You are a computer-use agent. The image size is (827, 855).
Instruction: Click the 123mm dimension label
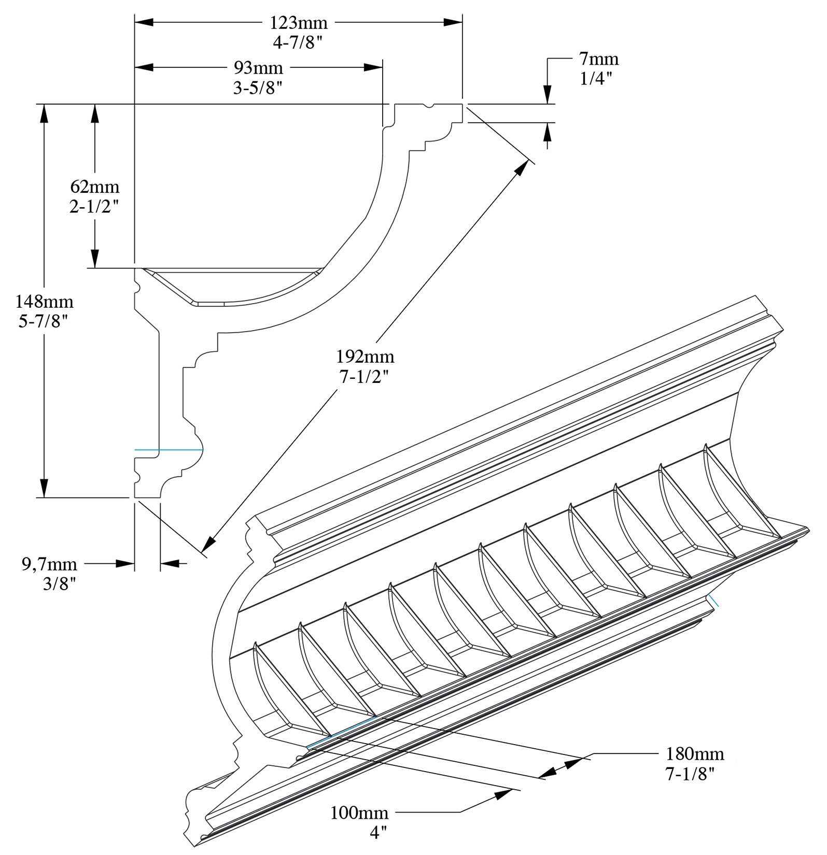(x=298, y=23)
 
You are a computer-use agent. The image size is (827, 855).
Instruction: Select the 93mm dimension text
(x=258, y=68)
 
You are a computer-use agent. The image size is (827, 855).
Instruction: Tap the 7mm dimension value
(x=598, y=59)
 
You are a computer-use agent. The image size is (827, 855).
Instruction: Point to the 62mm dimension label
(x=95, y=186)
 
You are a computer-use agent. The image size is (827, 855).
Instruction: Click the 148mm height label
(x=44, y=301)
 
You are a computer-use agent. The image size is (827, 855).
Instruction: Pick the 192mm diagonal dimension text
(x=365, y=357)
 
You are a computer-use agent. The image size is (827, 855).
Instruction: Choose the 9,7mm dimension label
(x=49, y=564)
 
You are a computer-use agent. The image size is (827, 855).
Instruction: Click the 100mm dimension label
(x=359, y=813)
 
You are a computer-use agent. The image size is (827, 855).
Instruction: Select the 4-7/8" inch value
(x=298, y=43)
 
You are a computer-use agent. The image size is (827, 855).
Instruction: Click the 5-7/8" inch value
(x=44, y=322)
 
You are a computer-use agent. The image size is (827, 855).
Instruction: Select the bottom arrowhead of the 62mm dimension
(x=94, y=259)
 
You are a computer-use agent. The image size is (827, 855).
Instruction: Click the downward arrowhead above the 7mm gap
(x=548, y=95)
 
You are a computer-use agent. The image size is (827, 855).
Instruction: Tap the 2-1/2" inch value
(x=94, y=206)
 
